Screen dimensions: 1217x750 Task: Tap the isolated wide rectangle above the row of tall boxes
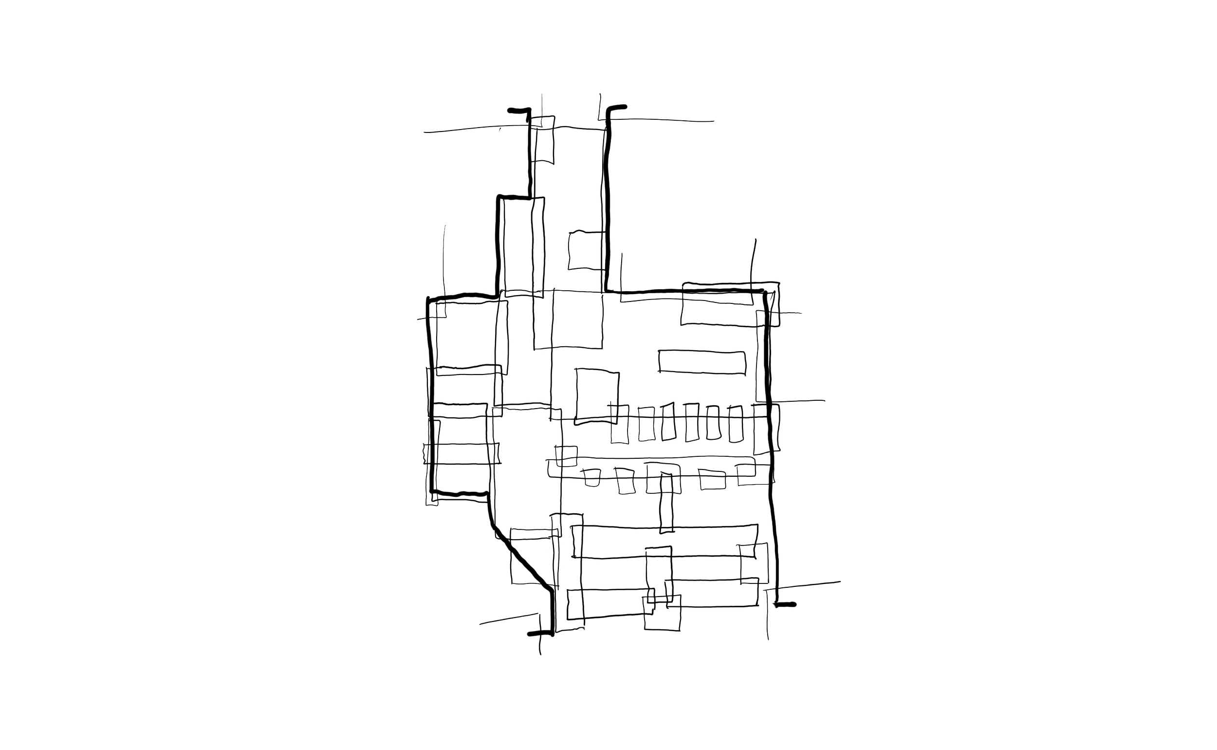pos(702,362)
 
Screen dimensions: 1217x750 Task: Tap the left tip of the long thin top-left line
pos(423,132)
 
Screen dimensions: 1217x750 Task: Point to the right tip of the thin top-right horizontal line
pos(714,121)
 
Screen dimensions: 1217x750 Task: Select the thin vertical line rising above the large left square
pos(444,258)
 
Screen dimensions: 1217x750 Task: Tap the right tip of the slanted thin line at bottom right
pos(841,581)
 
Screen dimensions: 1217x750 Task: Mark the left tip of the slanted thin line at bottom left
pos(479,623)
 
